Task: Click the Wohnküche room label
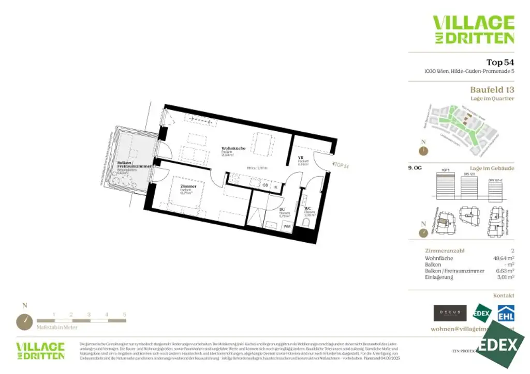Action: pyautogui.click(x=233, y=148)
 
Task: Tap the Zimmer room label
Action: pyautogui.click(x=188, y=186)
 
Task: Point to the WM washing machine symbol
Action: pyautogui.click(x=286, y=226)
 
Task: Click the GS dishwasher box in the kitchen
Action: pyautogui.click(x=265, y=184)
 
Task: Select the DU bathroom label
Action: pyautogui.click(x=282, y=210)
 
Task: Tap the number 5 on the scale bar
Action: pyautogui.click(x=124, y=315)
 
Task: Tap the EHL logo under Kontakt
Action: pyautogui.click(x=506, y=313)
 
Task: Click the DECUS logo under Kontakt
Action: pyautogui.click(x=450, y=313)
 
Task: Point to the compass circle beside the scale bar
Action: pyautogui.click(x=24, y=321)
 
